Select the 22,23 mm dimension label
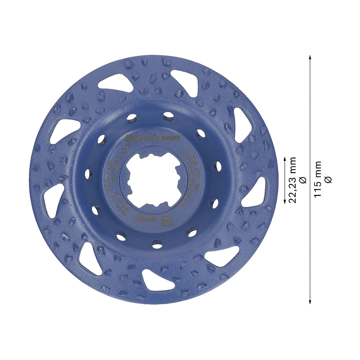[293, 179]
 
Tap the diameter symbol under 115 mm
[329, 179]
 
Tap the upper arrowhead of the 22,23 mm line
[285, 157]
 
